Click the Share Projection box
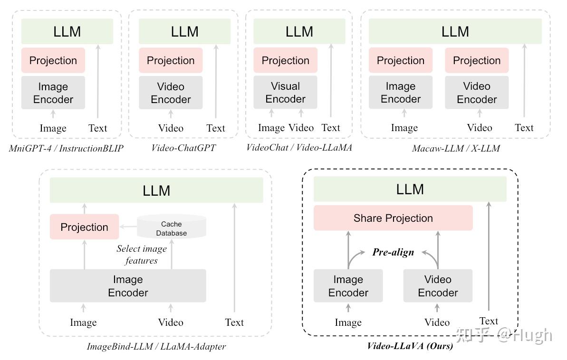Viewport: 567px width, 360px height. click(x=393, y=218)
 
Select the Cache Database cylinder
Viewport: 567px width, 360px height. click(x=172, y=227)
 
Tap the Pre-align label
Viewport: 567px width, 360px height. click(x=393, y=252)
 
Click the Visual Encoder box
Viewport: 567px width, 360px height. click(x=285, y=92)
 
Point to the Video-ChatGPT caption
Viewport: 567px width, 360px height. click(x=184, y=148)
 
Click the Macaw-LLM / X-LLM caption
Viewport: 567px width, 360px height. click(x=456, y=148)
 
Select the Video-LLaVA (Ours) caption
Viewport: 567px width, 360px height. click(x=410, y=346)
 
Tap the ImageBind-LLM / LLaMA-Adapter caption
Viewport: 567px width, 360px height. click(x=156, y=346)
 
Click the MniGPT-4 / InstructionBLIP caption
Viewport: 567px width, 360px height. click(x=66, y=148)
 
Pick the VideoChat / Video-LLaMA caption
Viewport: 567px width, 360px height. click(x=299, y=148)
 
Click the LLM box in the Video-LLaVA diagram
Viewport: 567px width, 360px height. click(x=410, y=189)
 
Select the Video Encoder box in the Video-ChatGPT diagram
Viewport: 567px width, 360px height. click(x=171, y=93)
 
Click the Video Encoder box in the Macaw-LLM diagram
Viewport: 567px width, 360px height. click(x=477, y=92)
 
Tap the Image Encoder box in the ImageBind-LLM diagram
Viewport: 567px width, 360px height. click(x=128, y=285)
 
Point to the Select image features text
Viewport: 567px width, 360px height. click(x=141, y=255)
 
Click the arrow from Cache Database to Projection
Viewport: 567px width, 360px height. click(x=128, y=227)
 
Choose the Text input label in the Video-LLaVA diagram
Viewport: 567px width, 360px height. click(x=489, y=321)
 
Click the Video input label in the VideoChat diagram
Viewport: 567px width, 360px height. click(x=301, y=128)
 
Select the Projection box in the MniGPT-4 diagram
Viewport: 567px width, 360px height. click(x=53, y=60)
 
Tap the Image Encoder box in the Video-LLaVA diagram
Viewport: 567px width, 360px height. click(x=348, y=285)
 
